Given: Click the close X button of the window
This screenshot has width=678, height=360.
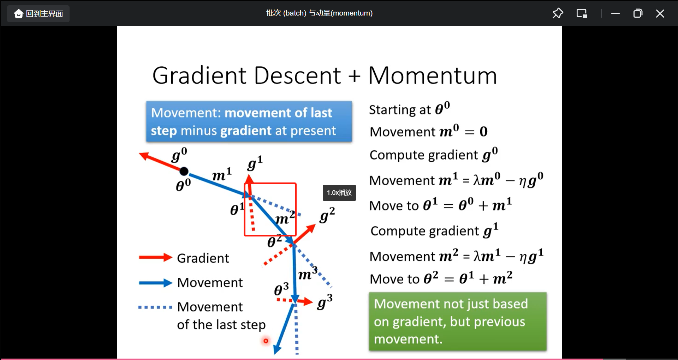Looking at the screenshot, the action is coord(660,13).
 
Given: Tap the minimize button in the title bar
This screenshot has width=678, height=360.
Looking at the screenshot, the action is coord(615,13).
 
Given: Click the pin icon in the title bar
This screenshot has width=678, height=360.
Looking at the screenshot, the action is coord(558,13).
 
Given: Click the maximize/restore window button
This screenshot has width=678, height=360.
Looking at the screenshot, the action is coord(638,13).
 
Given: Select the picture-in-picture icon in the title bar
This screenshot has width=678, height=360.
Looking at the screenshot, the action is coord(582,13).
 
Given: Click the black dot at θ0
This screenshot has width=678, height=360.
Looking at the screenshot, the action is coord(184,172).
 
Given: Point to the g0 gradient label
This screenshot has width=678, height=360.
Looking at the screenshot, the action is coord(179,155).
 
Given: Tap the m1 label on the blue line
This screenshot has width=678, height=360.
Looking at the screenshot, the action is coord(222,174).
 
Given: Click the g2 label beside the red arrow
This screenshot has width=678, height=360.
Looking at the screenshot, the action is coord(327,215).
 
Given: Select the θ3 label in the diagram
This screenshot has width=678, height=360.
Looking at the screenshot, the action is coord(281,289).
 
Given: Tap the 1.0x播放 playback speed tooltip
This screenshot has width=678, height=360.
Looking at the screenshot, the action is coord(339,193).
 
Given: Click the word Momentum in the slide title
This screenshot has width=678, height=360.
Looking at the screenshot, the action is coord(433,76).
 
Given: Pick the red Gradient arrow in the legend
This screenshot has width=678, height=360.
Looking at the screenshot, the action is coord(156,258).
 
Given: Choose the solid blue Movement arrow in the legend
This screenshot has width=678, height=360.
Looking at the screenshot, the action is coord(156,283).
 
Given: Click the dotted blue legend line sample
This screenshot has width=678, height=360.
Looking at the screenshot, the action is coord(155,307).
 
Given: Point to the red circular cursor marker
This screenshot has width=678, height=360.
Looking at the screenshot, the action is coord(266,341).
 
